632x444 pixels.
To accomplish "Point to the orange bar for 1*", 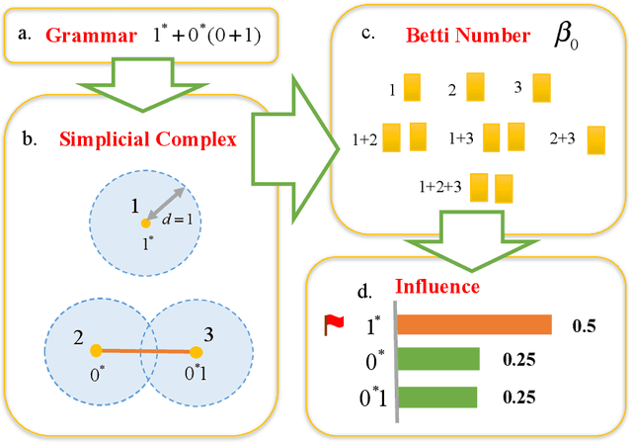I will (474, 325).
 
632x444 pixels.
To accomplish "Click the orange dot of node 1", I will (145, 223).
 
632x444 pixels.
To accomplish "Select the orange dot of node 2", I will (95, 350).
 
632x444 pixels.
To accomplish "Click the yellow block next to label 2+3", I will (595, 140).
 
